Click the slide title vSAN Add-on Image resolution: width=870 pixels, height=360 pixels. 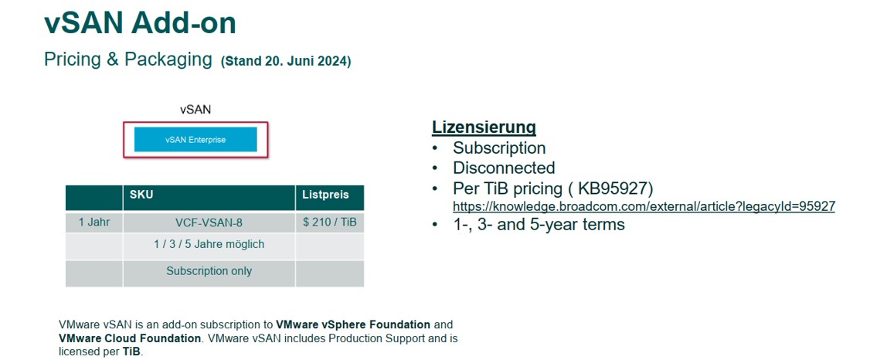click(140, 24)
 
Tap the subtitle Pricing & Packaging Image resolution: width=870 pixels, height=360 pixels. click(128, 59)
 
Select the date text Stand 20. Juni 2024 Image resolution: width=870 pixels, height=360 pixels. click(286, 61)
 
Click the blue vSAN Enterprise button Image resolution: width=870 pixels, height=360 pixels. click(195, 140)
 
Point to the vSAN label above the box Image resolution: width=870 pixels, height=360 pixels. click(195, 110)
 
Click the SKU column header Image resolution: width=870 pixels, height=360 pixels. click(141, 195)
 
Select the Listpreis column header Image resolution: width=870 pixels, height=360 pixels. click(326, 195)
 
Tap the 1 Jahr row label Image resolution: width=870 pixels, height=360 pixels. click(94, 222)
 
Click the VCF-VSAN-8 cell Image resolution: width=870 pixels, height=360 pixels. click(209, 223)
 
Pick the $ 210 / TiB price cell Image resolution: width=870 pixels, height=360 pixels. click(330, 223)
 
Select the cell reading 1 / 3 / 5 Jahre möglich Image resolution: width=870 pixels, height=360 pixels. click(209, 244)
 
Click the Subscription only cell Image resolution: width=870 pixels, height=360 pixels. click(209, 271)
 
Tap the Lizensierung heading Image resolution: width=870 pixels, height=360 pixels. click(484, 127)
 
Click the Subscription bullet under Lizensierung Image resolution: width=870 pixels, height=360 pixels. click(499, 148)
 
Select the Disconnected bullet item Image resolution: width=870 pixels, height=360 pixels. click(504, 168)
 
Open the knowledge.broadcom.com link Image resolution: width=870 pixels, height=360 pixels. click(644, 206)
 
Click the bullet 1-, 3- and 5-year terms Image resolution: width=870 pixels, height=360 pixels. click(539, 224)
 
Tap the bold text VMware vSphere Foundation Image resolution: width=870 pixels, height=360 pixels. click(353, 324)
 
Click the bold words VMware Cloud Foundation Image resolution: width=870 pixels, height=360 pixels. click(129, 338)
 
